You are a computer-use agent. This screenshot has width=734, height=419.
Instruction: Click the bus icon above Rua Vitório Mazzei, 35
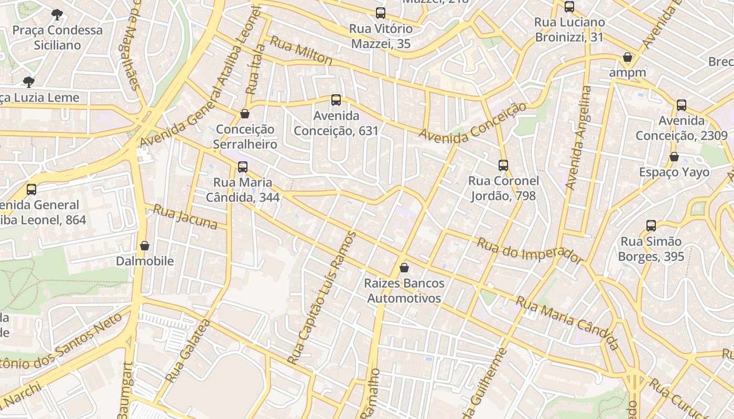tap(381, 13)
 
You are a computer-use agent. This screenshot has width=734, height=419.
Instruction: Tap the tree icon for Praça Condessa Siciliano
tap(57, 15)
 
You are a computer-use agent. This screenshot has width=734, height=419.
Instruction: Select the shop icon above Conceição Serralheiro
tap(244, 113)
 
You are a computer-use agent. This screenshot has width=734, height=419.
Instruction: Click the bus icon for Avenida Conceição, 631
tap(336, 100)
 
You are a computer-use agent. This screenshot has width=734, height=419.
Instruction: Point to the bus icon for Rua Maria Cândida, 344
tap(242, 167)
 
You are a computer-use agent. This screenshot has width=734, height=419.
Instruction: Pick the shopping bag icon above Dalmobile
tap(145, 246)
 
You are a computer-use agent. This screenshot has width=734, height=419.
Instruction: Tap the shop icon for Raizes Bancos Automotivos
tap(404, 268)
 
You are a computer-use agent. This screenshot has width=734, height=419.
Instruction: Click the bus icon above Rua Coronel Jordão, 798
tap(503, 166)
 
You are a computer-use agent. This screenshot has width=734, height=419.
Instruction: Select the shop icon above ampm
tap(627, 57)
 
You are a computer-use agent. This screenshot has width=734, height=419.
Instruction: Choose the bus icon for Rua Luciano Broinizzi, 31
tap(569, 7)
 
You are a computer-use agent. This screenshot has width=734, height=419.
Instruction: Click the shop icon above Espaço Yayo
tap(674, 157)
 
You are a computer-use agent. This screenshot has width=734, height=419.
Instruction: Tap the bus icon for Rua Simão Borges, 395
tap(651, 226)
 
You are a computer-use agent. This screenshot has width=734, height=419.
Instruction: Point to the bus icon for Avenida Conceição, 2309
tap(682, 105)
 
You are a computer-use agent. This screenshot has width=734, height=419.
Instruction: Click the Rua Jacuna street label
tap(185, 217)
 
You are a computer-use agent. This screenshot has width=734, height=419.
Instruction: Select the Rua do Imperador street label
tap(530, 250)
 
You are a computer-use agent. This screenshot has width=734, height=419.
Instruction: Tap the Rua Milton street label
tap(301, 51)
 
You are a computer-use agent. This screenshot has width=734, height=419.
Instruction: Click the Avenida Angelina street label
tap(579, 137)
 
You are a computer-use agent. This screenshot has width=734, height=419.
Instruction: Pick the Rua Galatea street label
tap(187, 350)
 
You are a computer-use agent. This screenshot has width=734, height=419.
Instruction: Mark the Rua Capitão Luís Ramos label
tap(322, 297)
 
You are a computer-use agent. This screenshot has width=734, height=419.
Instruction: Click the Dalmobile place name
tap(145, 261)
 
